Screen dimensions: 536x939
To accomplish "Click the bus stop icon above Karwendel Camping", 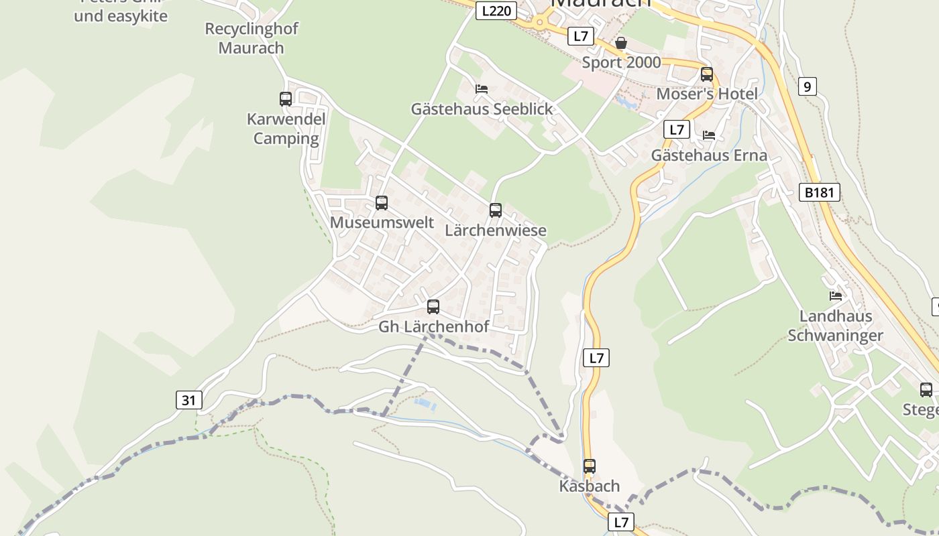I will click(286, 99).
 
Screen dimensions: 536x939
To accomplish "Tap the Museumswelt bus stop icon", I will click(382, 202).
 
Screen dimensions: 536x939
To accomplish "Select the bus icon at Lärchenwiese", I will click(496, 210).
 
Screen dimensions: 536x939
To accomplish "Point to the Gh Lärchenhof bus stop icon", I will click(433, 307).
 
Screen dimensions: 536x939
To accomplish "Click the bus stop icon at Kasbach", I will click(589, 466).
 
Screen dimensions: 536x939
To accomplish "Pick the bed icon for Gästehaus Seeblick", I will click(481, 88).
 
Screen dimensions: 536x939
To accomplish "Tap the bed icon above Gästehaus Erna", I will click(709, 135).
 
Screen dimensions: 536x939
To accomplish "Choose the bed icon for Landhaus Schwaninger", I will click(835, 295).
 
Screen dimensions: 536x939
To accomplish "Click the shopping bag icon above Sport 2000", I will click(621, 43).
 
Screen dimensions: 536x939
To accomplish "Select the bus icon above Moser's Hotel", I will click(707, 74).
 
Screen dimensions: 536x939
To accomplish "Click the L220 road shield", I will click(496, 11).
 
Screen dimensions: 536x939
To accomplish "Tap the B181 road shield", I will click(819, 193).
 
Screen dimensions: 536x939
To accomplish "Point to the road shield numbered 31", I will click(188, 401).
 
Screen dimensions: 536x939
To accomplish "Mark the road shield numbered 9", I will click(808, 86).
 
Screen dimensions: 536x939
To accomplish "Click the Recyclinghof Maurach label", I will click(252, 38).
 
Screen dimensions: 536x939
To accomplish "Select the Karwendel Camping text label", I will click(286, 129).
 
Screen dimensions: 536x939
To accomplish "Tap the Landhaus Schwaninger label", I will click(835, 326).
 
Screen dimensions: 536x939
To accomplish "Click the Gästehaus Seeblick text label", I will click(482, 109).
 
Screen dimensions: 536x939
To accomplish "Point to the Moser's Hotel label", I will click(706, 94).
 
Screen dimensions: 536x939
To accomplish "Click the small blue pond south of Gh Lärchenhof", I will click(425, 404).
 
